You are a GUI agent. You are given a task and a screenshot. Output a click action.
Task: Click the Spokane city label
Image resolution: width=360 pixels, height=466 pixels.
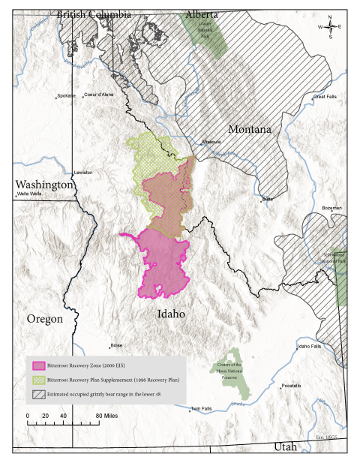coord(67,95)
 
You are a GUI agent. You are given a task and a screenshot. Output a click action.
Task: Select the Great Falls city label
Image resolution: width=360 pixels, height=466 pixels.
coord(325,97)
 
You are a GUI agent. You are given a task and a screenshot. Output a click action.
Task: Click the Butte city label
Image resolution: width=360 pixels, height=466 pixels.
coord(267,200)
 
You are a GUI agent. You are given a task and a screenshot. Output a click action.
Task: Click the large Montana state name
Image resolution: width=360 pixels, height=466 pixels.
coord(249,129)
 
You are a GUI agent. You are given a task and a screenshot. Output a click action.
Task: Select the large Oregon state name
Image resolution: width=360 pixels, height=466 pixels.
coord(44,318)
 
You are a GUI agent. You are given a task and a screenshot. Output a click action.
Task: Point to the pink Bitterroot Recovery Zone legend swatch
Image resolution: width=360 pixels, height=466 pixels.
coord(39,365)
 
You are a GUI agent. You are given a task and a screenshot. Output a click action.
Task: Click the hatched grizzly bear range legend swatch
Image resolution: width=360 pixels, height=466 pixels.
coord(39,392)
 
